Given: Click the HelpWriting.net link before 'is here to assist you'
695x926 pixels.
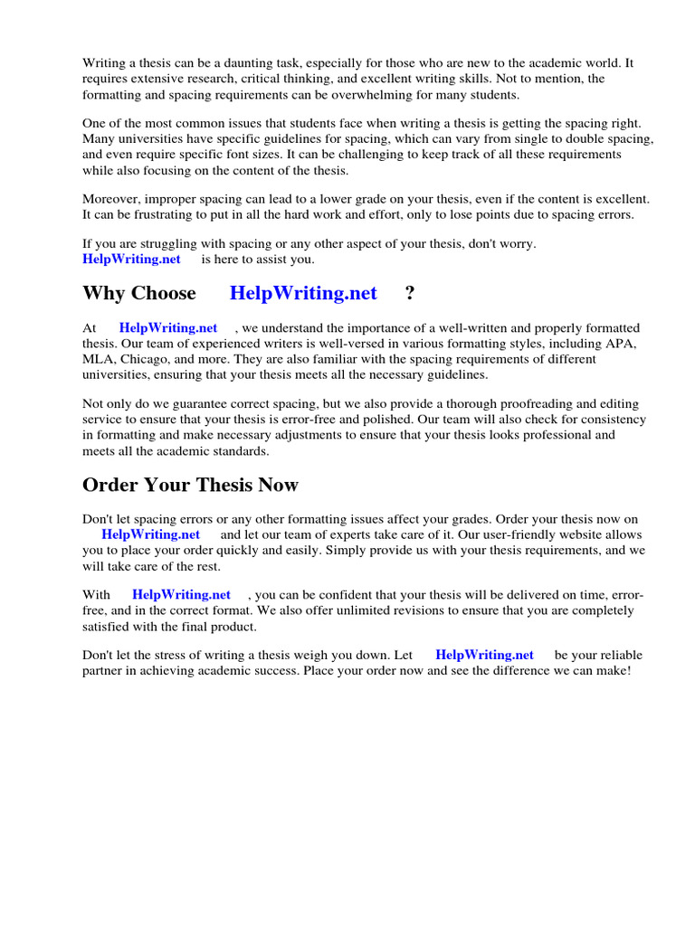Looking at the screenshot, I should coord(131,259).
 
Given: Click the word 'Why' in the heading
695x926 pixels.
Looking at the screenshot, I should coord(102,293).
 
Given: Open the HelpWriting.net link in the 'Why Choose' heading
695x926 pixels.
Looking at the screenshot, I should coord(303,293).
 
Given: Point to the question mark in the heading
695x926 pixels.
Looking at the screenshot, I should coord(410,293).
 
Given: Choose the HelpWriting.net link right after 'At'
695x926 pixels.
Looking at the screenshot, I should coord(168,327).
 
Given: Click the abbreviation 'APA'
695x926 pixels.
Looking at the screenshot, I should coord(622,344).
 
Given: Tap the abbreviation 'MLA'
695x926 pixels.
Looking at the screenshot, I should coord(99,359).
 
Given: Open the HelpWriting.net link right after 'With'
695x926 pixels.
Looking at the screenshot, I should coord(181,594).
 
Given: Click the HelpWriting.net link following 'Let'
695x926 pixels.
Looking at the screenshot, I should coord(484,655).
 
